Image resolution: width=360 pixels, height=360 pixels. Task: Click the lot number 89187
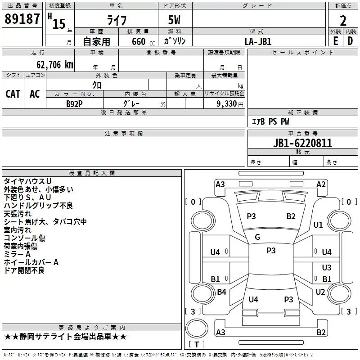(x=22, y=18)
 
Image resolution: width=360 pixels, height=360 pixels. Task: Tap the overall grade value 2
(x=343, y=21)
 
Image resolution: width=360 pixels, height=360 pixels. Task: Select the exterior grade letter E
(x=336, y=41)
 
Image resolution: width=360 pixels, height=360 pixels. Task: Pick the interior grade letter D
(x=350, y=41)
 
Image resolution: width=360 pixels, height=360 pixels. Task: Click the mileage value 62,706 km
(x=55, y=65)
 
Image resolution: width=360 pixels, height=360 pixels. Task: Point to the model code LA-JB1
(x=258, y=41)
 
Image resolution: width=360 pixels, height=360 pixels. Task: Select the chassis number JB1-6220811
(x=302, y=143)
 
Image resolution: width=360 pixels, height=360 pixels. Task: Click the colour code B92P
(x=74, y=104)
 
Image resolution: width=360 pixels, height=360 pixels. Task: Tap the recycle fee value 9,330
(x=227, y=103)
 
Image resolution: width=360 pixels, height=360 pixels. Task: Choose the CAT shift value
(x=13, y=94)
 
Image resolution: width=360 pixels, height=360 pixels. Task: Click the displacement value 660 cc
(x=143, y=41)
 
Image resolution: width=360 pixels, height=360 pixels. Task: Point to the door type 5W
(x=174, y=20)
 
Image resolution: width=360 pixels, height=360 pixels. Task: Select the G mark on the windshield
(x=257, y=237)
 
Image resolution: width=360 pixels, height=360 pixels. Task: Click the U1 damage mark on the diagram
(x=318, y=225)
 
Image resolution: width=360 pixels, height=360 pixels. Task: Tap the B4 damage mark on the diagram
(x=221, y=292)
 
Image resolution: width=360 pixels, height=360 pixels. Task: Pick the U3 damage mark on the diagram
(x=327, y=267)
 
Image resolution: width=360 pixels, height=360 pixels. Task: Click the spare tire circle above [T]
(x=197, y=328)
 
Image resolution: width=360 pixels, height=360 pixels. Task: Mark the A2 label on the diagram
(x=321, y=184)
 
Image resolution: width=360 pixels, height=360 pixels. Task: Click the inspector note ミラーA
(x=17, y=254)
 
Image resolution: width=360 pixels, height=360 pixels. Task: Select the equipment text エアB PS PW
(x=270, y=121)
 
